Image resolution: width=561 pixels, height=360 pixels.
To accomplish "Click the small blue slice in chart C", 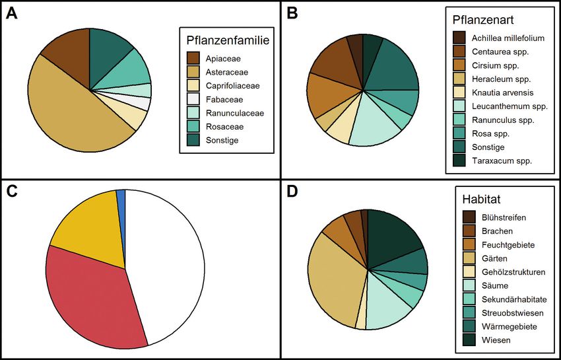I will click(x=121, y=196).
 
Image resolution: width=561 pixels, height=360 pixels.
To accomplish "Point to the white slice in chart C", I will click(x=165, y=264).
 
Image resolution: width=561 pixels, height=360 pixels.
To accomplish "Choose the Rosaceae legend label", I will click(x=222, y=126).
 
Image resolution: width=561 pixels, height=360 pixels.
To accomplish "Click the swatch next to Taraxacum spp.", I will click(x=459, y=161).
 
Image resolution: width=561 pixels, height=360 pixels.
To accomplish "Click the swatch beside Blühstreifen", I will click(x=468, y=217).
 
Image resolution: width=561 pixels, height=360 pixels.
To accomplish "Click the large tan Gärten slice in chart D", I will click(x=333, y=277).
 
